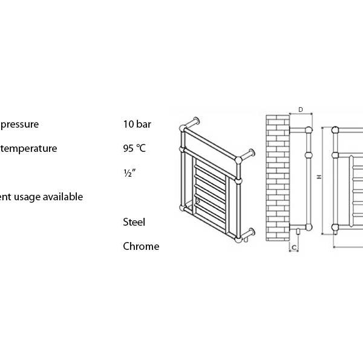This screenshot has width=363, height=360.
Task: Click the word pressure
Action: point(19,125)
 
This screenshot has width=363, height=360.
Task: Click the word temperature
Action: point(28,148)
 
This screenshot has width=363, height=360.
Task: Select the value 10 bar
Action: point(137,124)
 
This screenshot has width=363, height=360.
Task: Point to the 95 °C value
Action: point(134,148)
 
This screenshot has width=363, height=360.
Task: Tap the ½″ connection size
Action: point(129,173)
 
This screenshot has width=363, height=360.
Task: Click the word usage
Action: point(27,197)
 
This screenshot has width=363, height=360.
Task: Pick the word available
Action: point(63,197)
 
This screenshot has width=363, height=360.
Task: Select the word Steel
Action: point(134,222)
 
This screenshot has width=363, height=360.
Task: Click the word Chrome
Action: point(141,246)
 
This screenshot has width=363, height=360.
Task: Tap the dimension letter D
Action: point(301,110)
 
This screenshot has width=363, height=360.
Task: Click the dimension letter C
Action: point(294,247)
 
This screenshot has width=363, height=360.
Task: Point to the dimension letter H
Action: point(319,177)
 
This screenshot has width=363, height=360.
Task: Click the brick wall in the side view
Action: point(278,178)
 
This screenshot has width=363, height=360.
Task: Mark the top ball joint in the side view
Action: point(309,130)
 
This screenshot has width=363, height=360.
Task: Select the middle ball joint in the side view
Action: point(309,155)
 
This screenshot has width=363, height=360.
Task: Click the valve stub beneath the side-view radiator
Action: point(298,232)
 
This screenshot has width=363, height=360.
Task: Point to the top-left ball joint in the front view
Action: point(335,130)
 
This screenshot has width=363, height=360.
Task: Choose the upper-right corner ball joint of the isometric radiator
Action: point(238,160)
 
